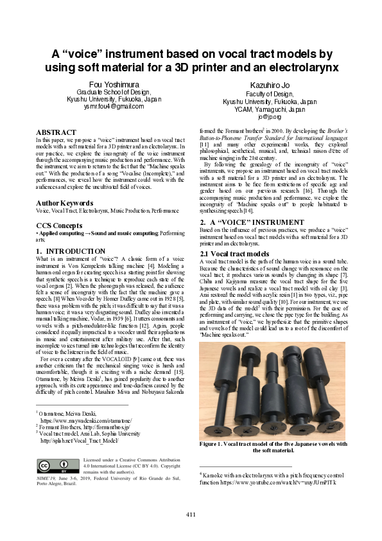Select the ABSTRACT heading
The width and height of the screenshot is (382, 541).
click(56, 132)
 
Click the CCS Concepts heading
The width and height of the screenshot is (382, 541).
click(59, 226)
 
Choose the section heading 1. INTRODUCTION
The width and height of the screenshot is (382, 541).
click(70, 251)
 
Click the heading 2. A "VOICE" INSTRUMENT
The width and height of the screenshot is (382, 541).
click(243, 222)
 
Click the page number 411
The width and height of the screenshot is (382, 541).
click(191, 514)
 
